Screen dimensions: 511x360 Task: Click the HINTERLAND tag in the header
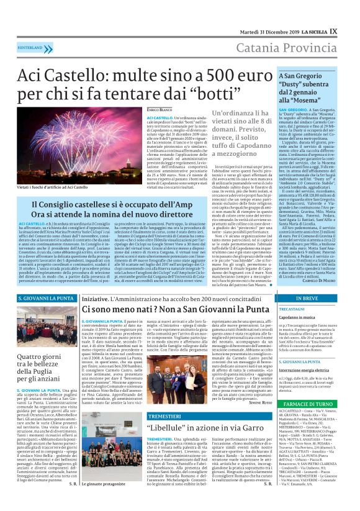30,47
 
